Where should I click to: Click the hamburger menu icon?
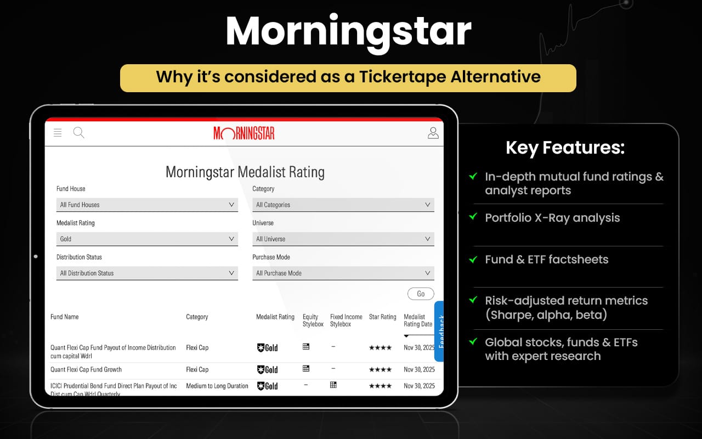click(58, 133)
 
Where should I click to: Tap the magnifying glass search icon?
click(79, 133)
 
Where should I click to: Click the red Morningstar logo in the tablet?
click(244, 133)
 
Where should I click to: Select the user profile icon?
click(433, 133)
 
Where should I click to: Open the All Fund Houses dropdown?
click(147, 205)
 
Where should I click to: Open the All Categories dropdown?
click(343, 205)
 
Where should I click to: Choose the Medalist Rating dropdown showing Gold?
click(147, 239)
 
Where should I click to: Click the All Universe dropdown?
click(343, 239)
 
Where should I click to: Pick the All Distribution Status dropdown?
click(147, 273)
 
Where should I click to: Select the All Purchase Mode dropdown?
click(343, 273)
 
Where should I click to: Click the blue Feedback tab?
click(439, 330)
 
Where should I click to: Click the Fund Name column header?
click(65, 317)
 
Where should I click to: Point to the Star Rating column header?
click(383, 317)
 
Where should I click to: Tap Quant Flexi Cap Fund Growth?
click(86, 369)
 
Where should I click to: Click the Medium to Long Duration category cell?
click(217, 386)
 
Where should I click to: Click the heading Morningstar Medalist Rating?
click(245, 172)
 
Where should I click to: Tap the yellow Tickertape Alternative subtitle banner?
click(348, 77)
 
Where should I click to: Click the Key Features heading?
click(565, 148)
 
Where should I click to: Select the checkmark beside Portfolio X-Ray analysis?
click(473, 217)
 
